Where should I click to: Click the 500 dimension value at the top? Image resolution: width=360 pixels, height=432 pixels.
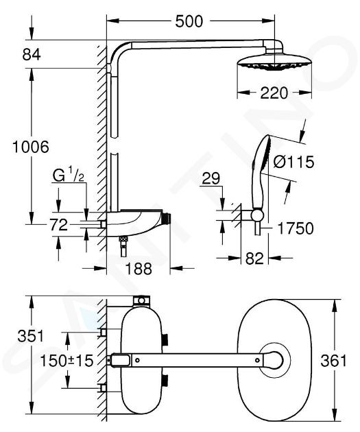189,21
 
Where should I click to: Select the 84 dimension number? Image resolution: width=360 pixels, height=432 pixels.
32,55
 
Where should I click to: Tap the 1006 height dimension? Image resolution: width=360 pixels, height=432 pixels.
31,147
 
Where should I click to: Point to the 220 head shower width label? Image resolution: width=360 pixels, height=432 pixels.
274,93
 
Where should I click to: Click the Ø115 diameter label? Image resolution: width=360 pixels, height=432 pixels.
294,162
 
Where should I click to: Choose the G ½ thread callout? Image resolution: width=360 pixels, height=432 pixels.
69,176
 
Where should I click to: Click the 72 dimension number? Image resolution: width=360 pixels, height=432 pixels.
59,225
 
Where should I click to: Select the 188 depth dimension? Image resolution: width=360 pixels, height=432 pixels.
139,268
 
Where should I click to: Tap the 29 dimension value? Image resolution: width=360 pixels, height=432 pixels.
211,178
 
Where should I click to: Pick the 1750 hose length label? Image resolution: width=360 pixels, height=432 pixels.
296,228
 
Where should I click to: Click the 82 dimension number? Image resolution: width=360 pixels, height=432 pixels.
254,259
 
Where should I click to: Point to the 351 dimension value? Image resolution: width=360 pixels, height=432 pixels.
31,336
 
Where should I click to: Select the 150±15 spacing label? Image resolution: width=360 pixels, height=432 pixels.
67,361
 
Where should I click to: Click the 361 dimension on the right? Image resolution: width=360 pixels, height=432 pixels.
333,361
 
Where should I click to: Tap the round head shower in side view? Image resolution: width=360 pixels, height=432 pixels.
274,62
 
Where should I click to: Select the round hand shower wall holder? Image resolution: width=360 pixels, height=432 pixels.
257,215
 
